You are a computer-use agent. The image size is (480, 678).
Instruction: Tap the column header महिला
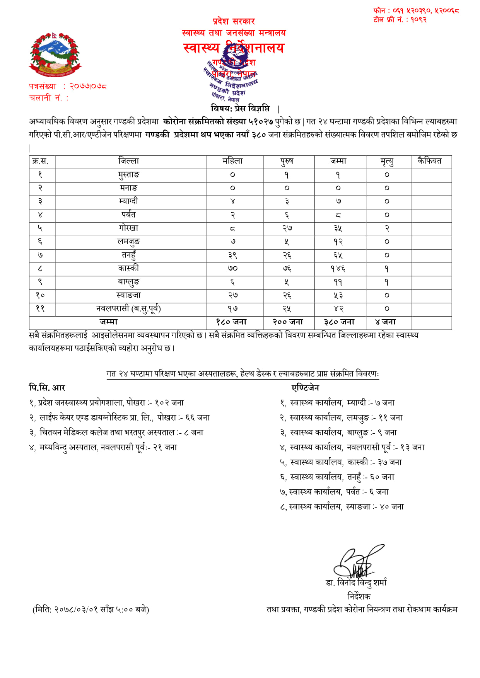coord(233,161)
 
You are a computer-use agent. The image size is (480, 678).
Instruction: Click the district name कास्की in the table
coord(129,268)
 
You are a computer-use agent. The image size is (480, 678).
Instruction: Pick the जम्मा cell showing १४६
coord(338,269)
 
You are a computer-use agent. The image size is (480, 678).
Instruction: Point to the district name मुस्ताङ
coord(129,175)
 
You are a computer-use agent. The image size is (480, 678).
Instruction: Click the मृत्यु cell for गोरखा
coord(387,228)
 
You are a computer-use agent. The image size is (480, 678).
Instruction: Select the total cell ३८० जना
coord(339,322)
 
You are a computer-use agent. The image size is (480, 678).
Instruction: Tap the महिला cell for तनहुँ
coord(232,255)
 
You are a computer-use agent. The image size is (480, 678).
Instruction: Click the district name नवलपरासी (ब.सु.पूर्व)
coord(128,308)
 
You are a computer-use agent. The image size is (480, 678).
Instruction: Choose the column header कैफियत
coord(429,161)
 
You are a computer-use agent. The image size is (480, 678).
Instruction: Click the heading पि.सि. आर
coord(47,388)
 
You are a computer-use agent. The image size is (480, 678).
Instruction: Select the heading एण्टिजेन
coord(306,388)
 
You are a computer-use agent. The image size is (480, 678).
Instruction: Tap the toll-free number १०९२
coord(419,20)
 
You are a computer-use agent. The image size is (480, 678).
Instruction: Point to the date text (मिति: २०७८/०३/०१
coord(91,610)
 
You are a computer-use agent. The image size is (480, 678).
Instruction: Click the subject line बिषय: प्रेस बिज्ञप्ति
coord(240,108)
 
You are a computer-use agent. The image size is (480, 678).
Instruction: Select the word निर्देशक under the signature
coord(359,596)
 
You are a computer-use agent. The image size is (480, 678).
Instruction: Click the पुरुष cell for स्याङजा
coord(287,295)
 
